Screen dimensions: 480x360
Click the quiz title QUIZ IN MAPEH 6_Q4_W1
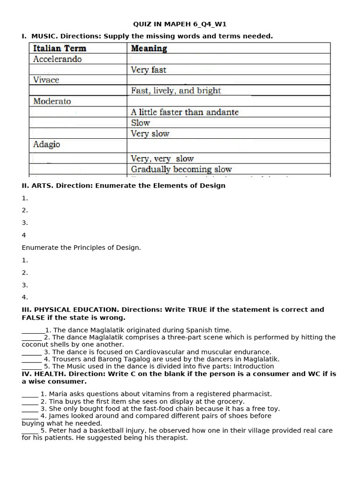pos(180,24)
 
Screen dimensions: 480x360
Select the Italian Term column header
pos(60,48)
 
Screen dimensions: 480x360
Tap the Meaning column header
pos(149,48)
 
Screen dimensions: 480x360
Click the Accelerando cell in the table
pos(57,59)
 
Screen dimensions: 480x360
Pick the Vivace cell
pos(46,80)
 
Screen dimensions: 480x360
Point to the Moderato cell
pos(52,101)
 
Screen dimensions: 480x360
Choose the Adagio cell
pos(46,144)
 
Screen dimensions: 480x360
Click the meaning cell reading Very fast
pos(148,70)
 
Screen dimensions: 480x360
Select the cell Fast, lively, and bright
pos(176,90)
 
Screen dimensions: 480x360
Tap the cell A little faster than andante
pos(185,112)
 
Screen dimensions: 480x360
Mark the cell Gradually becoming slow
pos(181,169)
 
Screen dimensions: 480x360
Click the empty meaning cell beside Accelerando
pos(228,59)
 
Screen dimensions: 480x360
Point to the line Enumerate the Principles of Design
pos(81,247)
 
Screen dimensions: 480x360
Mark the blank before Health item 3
pos(30,409)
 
